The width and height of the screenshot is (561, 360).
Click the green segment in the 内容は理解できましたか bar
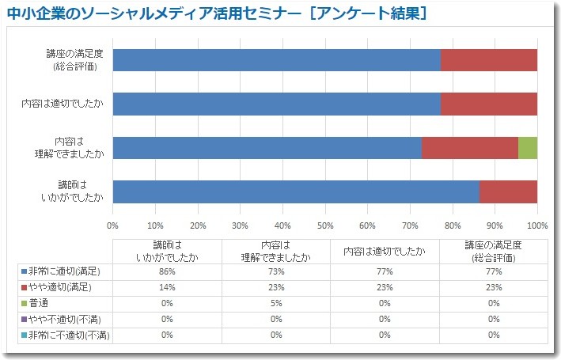coord(528,148)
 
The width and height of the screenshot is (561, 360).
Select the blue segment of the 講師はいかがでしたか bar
coord(296,191)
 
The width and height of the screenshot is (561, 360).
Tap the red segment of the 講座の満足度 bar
coord(488,60)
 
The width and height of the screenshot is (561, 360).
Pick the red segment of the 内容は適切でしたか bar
coord(488,104)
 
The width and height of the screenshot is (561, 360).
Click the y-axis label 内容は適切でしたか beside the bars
coord(63,104)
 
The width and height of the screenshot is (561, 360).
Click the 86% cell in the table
coord(167,271)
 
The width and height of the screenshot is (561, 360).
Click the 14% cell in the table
coord(167,287)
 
